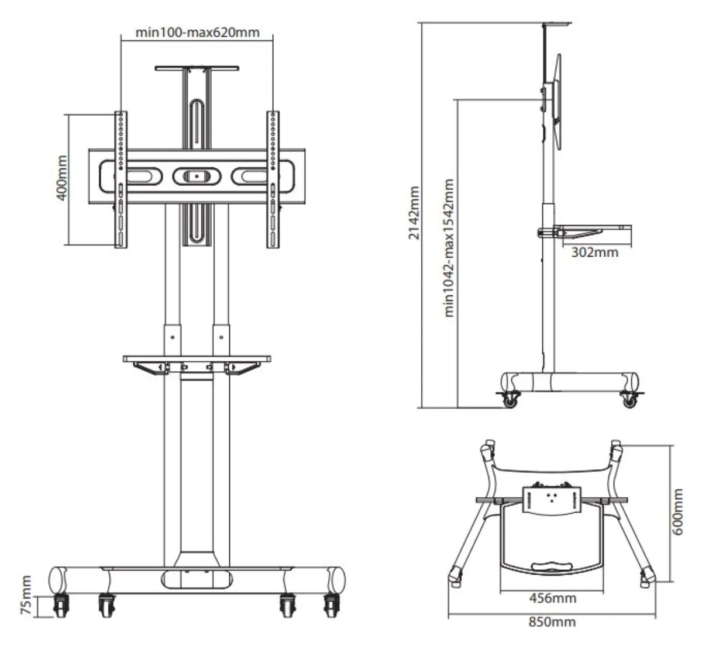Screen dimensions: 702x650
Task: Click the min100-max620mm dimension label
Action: (x=198, y=33)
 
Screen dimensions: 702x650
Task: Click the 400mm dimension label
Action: (x=62, y=178)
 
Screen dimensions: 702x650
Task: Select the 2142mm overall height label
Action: (x=414, y=213)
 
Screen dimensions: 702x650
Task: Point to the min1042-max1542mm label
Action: (x=449, y=248)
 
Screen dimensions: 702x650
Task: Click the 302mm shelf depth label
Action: (x=595, y=253)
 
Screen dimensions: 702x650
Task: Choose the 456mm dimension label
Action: (x=553, y=598)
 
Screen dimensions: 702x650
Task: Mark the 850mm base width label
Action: (x=552, y=622)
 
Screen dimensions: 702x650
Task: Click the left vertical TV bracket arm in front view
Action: (x=121, y=179)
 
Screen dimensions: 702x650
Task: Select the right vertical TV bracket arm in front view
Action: (x=273, y=179)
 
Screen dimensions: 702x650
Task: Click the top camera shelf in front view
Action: (x=197, y=68)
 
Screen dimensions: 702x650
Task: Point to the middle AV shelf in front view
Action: (x=197, y=359)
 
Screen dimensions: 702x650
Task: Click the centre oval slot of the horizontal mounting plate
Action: (x=197, y=177)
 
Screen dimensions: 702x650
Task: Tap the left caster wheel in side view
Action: (x=510, y=400)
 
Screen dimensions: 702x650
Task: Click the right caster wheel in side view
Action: (x=630, y=400)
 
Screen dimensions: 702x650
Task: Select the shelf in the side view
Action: (x=585, y=231)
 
